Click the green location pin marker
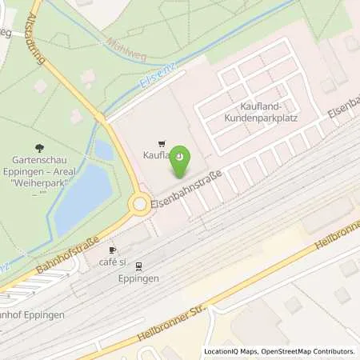point(181,160)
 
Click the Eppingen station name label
point(139,278)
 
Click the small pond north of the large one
point(104,150)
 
